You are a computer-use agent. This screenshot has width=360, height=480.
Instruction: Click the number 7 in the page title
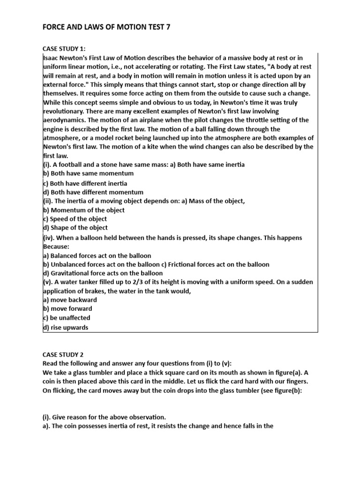168,27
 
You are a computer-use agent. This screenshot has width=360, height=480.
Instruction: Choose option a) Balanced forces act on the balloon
97,255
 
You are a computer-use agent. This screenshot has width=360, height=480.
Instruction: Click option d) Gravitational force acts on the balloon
103,273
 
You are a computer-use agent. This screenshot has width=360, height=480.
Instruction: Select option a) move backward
70,300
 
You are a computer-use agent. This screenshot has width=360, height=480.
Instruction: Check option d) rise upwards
65,328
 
